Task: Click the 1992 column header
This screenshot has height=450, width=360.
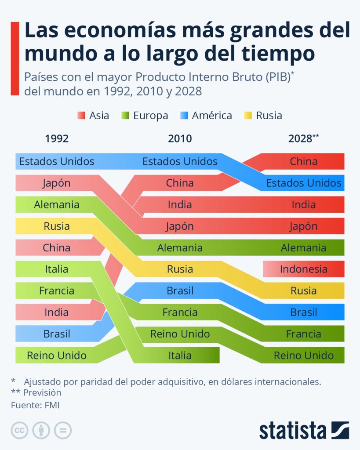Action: click(57, 139)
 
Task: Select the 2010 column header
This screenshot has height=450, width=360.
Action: click(180, 139)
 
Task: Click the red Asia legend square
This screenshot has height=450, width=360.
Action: click(80, 116)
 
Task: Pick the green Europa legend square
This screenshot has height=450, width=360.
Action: click(124, 116)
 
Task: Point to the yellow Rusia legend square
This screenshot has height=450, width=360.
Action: click(247, 116)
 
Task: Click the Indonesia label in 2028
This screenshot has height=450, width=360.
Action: click(303, 269)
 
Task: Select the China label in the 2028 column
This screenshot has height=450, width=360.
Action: click(303, 161)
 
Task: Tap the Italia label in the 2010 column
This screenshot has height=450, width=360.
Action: click(180, 355)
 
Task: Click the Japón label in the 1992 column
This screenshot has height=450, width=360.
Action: click(57, 183)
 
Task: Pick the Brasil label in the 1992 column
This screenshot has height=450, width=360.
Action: click(57, 334)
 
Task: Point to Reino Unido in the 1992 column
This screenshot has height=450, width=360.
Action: click(57, 355)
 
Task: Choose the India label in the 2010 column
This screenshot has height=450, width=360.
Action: click(180, 204)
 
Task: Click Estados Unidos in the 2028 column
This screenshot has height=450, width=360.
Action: click(303, 183)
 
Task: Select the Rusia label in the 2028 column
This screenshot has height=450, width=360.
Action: click(303, 290)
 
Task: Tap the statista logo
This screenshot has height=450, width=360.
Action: click(304, 430)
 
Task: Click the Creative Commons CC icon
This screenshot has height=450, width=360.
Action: click(19, 430)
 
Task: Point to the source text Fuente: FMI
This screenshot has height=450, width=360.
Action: click(35, 405)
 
